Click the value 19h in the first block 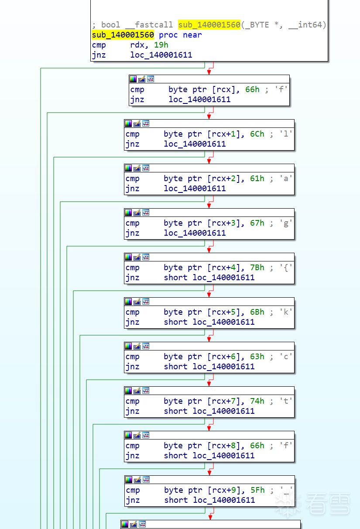click(161, 45)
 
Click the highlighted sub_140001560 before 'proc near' click(123, 35)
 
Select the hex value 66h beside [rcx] click(252, 89)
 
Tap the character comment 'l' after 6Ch click(286, 134)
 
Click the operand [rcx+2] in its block click(223, 179)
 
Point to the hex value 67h click(257, 223)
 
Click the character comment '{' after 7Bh click(286, 268)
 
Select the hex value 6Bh click(257, 312)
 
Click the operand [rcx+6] click(223, 357)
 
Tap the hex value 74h click(257, 401)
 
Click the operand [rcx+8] click(223, 446)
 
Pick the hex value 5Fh click(257, 490)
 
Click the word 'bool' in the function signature click(110, 25)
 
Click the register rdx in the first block click(137, 45)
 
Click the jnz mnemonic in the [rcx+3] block click(132, 233)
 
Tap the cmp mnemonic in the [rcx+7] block click(132, 401)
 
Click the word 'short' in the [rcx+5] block click(176, 322)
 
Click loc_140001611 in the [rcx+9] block click(224, 500)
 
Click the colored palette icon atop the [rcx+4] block click(128, 257)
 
